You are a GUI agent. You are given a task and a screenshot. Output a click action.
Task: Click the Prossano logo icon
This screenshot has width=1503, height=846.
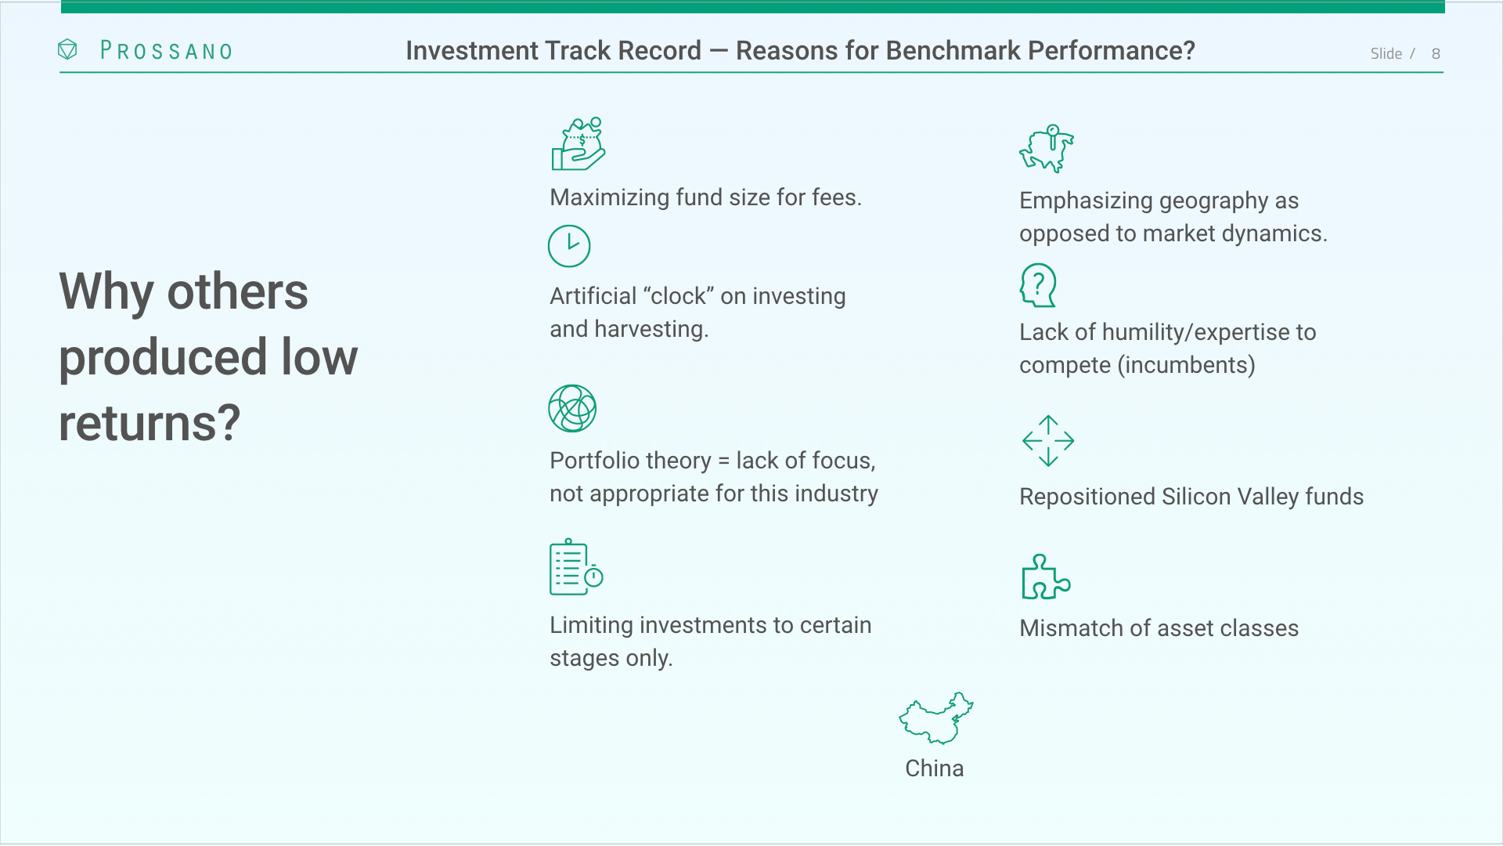[67, 50]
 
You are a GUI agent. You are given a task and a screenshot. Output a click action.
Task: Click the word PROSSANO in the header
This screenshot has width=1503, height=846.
[167, 51]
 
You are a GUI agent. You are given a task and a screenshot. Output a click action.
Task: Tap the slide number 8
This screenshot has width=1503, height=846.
[1436, 53]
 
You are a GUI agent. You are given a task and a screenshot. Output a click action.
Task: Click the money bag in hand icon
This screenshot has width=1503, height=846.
[578, 144]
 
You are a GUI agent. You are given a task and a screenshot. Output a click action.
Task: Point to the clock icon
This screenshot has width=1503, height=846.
[569, 246]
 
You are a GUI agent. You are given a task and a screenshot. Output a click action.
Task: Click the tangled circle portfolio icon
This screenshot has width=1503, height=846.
[572, 408]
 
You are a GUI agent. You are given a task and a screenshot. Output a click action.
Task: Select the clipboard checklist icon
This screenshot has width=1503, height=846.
[576, 566]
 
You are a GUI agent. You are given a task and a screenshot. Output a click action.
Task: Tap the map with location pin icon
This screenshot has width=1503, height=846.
[1047, 148]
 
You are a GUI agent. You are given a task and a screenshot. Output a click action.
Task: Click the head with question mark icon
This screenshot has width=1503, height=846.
[1038, 285]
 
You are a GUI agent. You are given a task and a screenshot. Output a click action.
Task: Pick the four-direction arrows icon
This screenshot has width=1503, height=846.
[1048, 441]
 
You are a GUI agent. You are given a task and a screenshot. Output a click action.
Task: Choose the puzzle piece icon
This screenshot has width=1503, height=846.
[1046, 577]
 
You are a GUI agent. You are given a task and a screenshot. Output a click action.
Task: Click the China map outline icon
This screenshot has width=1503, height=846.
[935, 718]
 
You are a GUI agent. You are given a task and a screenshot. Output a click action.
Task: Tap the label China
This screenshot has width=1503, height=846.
[934, 768]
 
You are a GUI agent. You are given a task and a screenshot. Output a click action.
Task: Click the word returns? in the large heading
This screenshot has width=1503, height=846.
[150, 423]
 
